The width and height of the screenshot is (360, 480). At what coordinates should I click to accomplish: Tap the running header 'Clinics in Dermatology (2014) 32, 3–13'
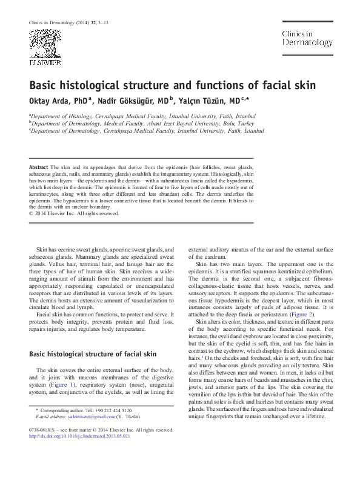(x=68, y=23)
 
